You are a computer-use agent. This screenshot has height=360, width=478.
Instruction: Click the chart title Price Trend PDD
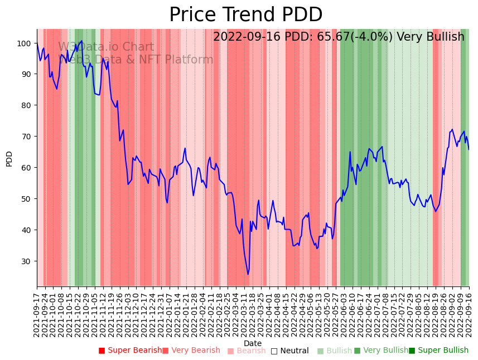click(x=245, y=15)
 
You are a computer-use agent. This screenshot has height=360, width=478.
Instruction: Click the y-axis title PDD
click(x=9, y=158)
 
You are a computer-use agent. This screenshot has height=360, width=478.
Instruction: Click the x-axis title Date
click(x=253, y=343)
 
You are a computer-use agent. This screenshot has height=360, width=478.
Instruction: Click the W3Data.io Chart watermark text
click(x=106, y=47)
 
